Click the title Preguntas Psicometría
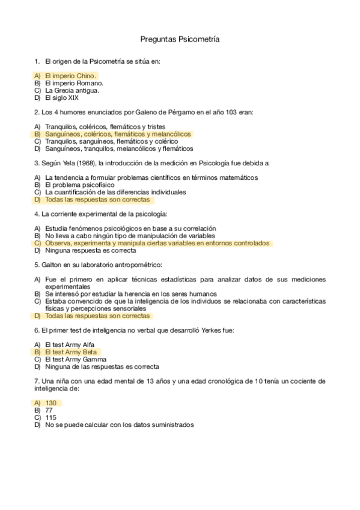[x=180, y=39]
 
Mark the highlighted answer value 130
[x=50, y=403]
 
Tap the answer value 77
[x=49, y=410]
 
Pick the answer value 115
[x=50, y=417]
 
